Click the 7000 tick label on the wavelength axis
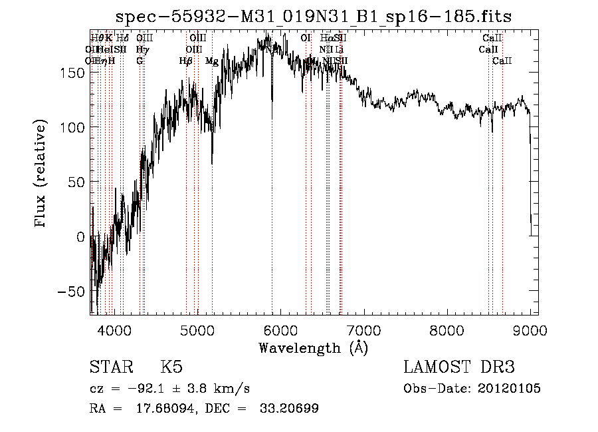tap(363, 329)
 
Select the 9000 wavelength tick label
tap(530, 329)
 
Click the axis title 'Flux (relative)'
tap(42, 174)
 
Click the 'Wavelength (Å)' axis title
tap(313, 347)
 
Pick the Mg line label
tap(212, 61)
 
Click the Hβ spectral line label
tap(185, 61)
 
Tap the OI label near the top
tap(306, 39)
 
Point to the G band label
tap(140, 61)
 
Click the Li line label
tap(339, 50)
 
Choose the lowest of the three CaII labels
tap(502, 61)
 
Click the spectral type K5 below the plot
tap(171, 367)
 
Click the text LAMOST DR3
tap(459, 367)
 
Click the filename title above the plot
tap(313, 17)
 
